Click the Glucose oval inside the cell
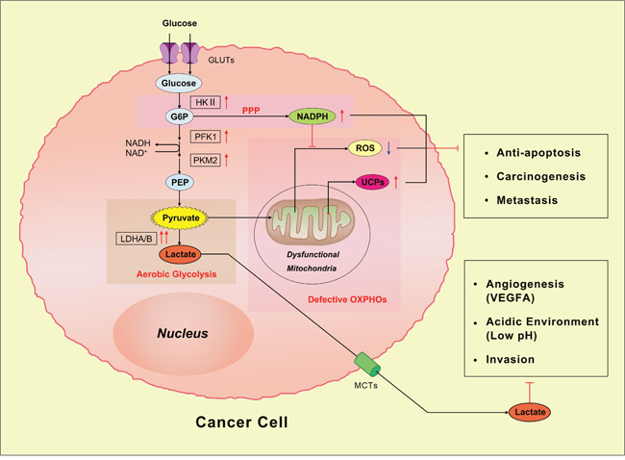click(177, 84)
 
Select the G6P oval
click(178, 117)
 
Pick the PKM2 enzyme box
click(206, 160)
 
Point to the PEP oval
click(178, 182)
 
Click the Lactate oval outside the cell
click(531, 412)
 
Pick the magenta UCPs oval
click(370, 181)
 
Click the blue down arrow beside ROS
click(389, 149)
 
